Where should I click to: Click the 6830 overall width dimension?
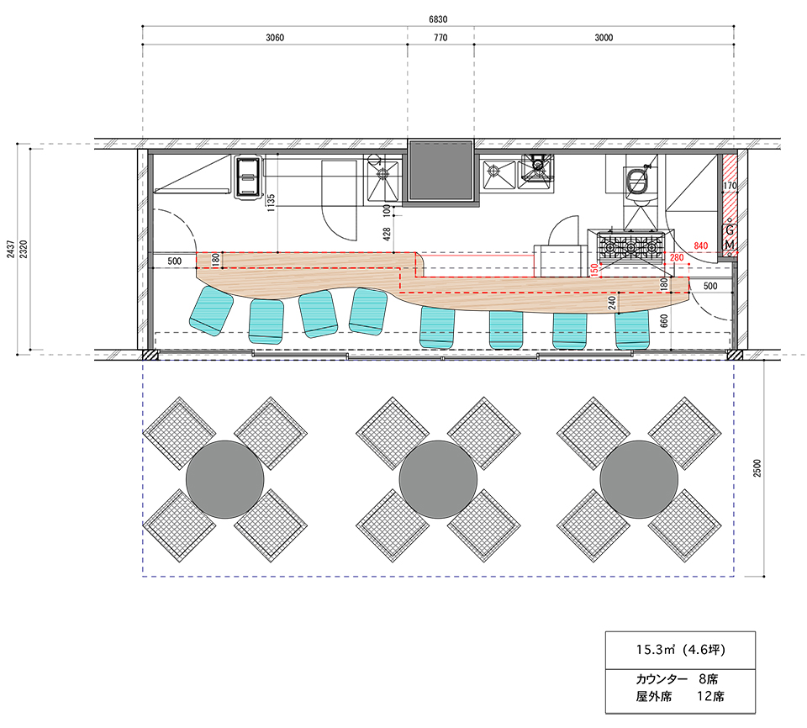coord(438,19)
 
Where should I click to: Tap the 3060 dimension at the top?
coord(275,38)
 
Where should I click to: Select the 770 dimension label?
coord(440,38)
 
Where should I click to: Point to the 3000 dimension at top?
coord(604,38)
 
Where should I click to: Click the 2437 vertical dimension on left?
coord(11,248)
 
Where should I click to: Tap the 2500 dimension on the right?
coord(757,468)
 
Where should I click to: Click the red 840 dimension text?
coord(701,246)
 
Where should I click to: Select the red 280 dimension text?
coord(677,257)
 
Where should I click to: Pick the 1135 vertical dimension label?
coord(272,203)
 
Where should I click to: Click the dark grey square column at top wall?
coord(440,171)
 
